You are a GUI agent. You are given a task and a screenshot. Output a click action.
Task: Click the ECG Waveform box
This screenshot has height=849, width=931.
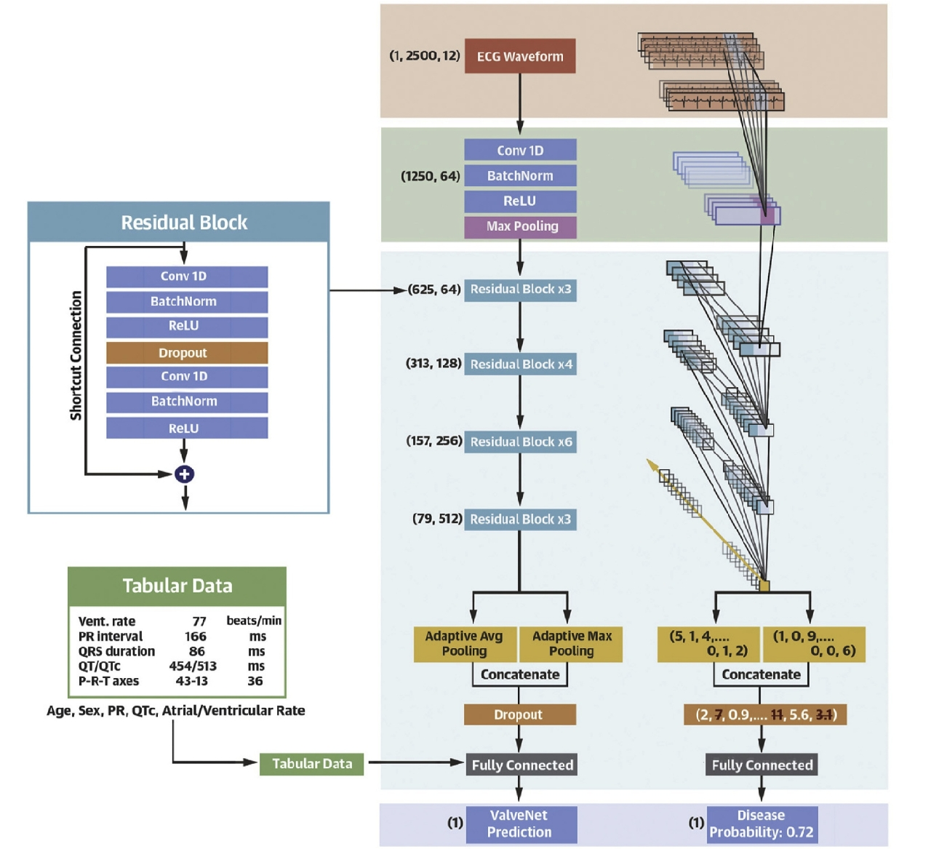pyautogui.click(x=520, y=56)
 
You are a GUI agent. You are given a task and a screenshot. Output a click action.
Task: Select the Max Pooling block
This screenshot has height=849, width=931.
pyautogui.click(x=521, y=226)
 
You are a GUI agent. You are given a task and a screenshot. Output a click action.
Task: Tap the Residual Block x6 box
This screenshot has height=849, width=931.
pyautogui.click(x=521, y=442)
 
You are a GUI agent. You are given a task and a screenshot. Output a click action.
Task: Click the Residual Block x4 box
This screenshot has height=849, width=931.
pyautogui.click(x=521, y=364)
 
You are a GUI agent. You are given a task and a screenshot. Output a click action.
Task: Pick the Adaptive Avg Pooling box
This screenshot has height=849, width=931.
pyautogui.click(x=465, y=644)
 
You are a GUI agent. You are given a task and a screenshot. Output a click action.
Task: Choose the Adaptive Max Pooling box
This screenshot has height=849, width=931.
pyautogui.click(x=572, y=644)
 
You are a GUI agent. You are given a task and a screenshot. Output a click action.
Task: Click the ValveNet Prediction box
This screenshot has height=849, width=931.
pyautogui.click(x=520, y=824)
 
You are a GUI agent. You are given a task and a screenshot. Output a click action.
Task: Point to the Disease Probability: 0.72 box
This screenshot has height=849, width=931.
pyautogui.click(x=762, y=824)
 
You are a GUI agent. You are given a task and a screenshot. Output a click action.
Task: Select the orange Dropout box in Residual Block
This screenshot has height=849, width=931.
pyautogui.click(x=187, y=353)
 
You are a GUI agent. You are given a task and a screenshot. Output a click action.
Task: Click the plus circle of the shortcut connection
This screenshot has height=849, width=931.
pyautogui.click(x=185, y=474)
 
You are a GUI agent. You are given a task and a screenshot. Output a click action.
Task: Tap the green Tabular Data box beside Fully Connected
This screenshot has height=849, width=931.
pyautogui.click(x=312, y=764)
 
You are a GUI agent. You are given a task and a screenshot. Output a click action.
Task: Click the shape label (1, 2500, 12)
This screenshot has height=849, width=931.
pyautogui.click(x=425, y=55)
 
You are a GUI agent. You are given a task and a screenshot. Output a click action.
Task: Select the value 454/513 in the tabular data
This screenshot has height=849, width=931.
pyautogui.click(x=193, y=666)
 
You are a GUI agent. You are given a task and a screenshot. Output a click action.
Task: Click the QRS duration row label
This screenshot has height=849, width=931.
pyautogui.click(x=116, y=651)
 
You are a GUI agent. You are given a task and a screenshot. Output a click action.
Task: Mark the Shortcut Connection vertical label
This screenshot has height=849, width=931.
pyautogui.click(x=76, y=355)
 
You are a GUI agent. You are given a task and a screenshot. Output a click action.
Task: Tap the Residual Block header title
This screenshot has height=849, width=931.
pyautogui.click(x=184, y=223)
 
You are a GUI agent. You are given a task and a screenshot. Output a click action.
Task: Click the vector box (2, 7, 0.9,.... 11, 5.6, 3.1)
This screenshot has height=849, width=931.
pyautogui.click(x=766, y=714)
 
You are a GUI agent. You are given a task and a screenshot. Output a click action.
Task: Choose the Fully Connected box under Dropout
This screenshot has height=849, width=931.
pyautogui.click(x=522, y=765)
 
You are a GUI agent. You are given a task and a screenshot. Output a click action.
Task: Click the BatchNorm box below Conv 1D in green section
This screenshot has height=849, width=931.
pyautogui.click(x=521, y=176)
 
